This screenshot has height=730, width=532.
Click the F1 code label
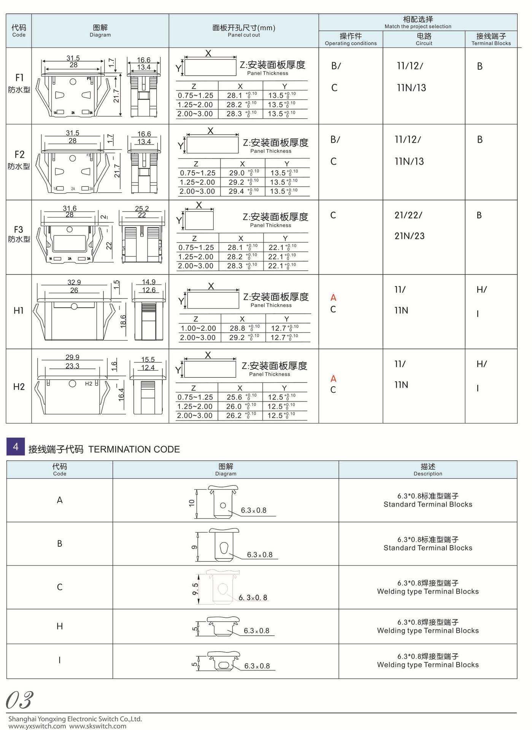19,78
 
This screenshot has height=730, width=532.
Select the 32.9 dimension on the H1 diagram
74,282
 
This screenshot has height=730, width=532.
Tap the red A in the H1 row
333,298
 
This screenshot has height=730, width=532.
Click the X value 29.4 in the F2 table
237,192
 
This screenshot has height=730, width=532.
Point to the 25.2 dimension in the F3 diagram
142,209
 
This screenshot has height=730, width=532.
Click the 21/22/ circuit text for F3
408,215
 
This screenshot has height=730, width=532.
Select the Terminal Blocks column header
491,39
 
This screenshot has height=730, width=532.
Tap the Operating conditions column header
351,39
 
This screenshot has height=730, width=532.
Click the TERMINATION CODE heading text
134,449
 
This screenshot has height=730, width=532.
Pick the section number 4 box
16,447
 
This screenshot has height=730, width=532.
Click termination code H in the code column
60,626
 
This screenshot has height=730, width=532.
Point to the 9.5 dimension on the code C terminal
195,589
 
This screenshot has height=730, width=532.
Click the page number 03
20,700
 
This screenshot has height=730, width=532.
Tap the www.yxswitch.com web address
37,726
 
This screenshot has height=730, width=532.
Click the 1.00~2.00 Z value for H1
198,328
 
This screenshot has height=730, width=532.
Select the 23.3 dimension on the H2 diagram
72,366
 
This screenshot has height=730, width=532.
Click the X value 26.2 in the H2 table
234,416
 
